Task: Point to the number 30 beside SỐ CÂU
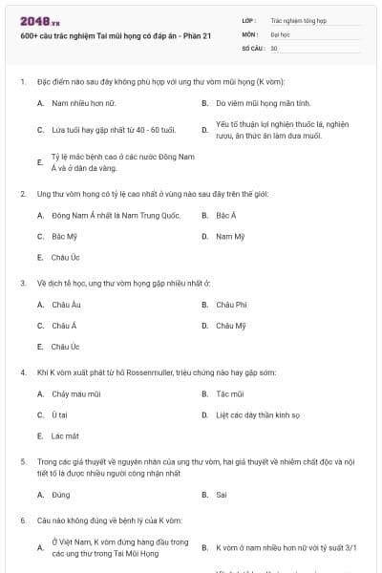coord(274,48)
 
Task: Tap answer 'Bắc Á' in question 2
coord(226,216)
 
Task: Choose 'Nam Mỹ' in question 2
coord(230,236)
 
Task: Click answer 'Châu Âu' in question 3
coord(66,305)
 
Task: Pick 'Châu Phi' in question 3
coord(231,305)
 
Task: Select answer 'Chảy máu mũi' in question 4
coord(75,393)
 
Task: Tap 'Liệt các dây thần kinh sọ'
coord(258,414)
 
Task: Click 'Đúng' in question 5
coord(61,495)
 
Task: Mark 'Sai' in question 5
coord(222,495)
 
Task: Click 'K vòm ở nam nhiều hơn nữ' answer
coord(286,548)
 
